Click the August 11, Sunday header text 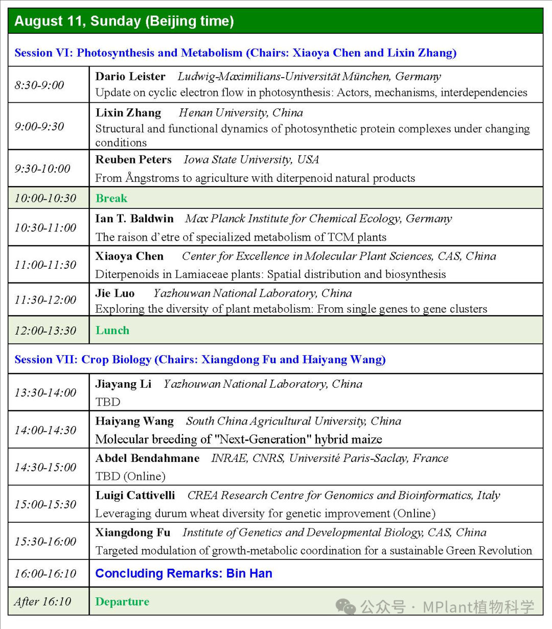[x=124, y=21]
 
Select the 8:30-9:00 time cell [x=39, y=85]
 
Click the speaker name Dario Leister [x=130, y=77]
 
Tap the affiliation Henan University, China [x=241, y=113]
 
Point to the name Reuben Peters [x=133, y=159]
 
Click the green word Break [x=111, y=198]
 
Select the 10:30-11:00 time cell [x=45, y=227]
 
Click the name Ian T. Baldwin [x=134, y=219]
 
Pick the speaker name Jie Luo [x=115, y=293]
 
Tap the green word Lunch [x=112, y=330]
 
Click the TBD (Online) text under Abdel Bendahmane [x=130, y=476]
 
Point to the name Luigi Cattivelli [x=135, y=495]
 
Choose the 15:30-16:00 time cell [x=45, y=541]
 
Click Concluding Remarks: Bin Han [x=183, y=573]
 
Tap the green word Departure [x=122, y=601]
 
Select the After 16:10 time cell [x=42, y=601]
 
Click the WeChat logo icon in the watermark [x=346, y=607]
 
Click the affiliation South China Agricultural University [x=293, y=421]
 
